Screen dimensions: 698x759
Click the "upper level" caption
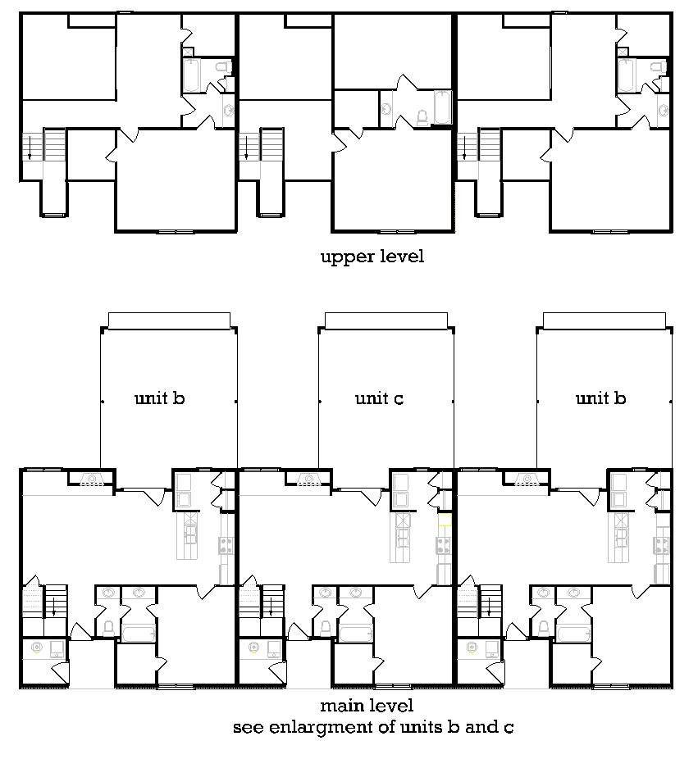372,257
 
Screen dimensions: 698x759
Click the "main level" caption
367,705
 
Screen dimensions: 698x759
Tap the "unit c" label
379,398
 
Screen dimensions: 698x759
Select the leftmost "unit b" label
159,398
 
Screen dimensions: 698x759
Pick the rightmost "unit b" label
600,398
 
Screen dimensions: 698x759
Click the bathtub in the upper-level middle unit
442,107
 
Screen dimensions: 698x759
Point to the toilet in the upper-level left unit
223,66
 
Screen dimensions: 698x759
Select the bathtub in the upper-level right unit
625,75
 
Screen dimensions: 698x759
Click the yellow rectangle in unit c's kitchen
445,520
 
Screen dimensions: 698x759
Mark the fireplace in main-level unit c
308,479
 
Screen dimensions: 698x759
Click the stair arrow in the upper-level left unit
30,148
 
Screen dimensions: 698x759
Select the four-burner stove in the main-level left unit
226,546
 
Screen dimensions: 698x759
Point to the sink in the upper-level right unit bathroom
663,111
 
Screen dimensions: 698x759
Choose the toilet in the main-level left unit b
108,629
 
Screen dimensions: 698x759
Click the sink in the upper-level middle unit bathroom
386,107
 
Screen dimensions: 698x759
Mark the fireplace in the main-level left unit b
91,479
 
